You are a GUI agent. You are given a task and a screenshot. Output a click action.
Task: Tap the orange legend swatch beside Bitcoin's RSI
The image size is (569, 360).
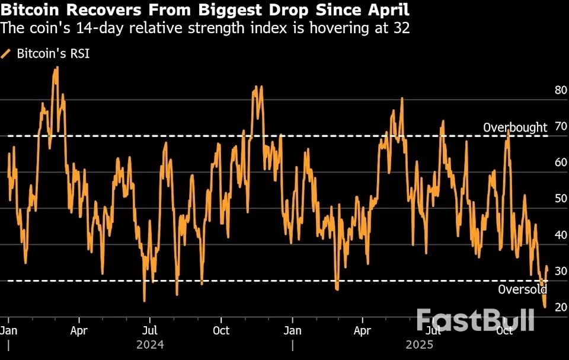pos(7,54)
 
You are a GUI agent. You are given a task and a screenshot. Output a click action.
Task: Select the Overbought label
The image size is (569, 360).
pos(515,127)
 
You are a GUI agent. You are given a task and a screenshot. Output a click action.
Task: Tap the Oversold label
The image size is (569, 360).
pos(522,289)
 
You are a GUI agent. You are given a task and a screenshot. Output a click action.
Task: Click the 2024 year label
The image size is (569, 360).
pos(150,344)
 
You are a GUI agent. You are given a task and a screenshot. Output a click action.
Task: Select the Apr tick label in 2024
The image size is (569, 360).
pos(79,330)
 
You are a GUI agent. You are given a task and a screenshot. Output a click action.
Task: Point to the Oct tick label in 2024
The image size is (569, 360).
pos(221,330)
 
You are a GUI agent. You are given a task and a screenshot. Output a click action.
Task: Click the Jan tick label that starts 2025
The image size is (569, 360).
pos(292,330)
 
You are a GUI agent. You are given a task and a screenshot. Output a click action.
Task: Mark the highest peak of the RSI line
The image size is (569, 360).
pos(56,67)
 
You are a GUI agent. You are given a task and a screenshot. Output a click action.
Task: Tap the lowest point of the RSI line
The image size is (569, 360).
pos(545,307)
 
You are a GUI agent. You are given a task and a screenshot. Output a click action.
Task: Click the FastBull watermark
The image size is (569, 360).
pos(475,320)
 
